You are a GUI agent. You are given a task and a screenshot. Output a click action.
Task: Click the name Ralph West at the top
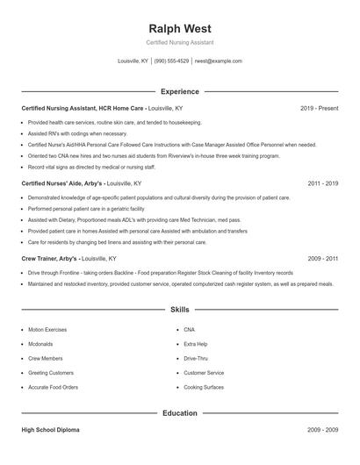click(x=180, y=29)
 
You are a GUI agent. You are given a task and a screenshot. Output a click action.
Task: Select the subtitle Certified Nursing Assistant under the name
click(x=180, y=42)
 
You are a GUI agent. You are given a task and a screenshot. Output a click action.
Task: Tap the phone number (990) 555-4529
click(x=171, y=61)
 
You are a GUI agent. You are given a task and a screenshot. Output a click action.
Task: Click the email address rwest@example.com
click(x=218, y=61)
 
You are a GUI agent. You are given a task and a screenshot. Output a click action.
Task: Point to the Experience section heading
click(x=180, y=91)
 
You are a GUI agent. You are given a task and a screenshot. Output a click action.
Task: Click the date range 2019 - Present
click(x=319, y=108)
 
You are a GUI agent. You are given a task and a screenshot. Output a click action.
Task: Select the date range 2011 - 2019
click(x=323, y=183)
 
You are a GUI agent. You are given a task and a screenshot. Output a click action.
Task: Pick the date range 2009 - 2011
click(x=323, y=259)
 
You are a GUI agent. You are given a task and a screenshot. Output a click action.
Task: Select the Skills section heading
click(x=180, y=310)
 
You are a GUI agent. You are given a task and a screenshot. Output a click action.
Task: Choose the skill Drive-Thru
click(x=196, y=358)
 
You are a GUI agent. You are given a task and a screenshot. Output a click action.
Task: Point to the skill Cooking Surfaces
click(x=204, y=387)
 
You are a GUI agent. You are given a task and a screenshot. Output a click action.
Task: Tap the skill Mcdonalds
click(x=40, y=344)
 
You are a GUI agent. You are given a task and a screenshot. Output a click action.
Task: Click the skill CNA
click(x=190, y=330)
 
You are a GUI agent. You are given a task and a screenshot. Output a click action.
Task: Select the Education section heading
click(x=180, y=412)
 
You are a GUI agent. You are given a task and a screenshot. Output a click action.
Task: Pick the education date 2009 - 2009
click(x=323, y=430)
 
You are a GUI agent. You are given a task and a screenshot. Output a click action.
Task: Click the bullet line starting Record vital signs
click(x=92, y=167)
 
